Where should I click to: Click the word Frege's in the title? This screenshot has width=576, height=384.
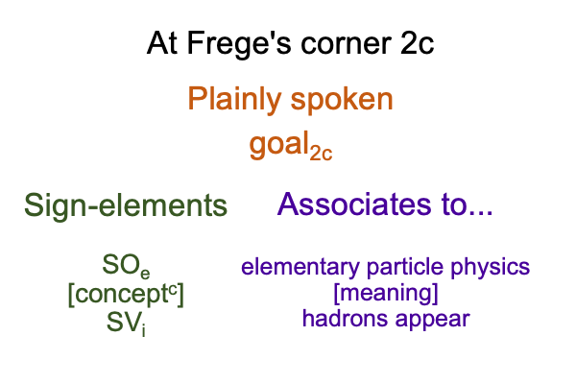[239, 44]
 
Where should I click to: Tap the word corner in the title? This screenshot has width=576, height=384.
[346, 44]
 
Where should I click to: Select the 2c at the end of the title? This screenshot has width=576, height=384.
[418, 43]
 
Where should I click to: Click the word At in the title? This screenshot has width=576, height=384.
[162, 43]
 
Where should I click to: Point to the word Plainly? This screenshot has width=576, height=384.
[234, 99]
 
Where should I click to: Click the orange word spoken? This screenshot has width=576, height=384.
[342, 100]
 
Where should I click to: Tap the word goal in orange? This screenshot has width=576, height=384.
[279, 144]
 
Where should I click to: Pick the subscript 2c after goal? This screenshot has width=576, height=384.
[321, 154]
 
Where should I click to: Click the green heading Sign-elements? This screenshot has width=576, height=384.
[126, 205]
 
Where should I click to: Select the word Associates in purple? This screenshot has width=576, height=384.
[354, 204]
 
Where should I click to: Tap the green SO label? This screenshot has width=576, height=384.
[126, 266]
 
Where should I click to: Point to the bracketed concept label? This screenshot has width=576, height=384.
[126, 295]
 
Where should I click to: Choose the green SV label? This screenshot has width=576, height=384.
[126, 324]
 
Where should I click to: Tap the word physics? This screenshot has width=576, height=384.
[490, 268]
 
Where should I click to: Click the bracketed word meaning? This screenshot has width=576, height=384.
[386, 293]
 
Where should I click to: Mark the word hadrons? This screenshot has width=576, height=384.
[345, 318]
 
